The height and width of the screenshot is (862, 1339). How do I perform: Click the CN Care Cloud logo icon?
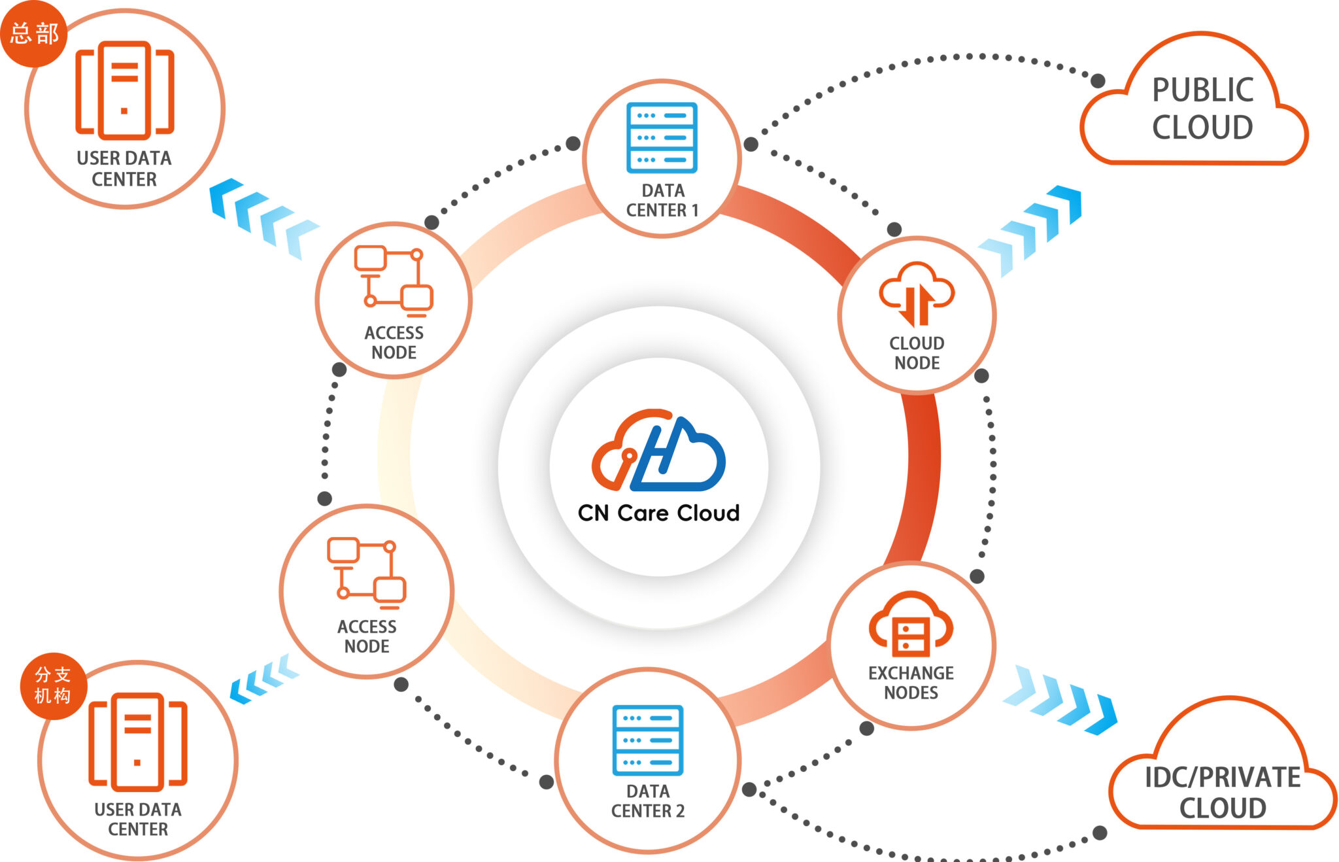coord(658,451)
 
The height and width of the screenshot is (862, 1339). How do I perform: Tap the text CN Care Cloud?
coord(658,513)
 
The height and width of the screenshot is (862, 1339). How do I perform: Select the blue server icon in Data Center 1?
coord(662,137)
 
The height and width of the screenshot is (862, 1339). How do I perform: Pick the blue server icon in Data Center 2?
coord(648,740)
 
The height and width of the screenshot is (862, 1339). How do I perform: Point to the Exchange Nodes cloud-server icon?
coord(911,624)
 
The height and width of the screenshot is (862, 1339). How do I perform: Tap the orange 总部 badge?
coord(34,33)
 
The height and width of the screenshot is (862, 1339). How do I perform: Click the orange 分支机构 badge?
coord(53,685)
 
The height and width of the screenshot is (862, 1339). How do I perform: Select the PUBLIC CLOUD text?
coord(1202,109)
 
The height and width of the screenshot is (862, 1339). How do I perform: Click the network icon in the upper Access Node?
coord(394,277)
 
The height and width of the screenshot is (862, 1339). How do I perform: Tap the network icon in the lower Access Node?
coord(366,570)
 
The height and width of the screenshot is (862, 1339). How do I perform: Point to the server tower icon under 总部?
coord(124,90)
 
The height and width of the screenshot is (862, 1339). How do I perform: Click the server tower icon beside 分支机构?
coord(138,742)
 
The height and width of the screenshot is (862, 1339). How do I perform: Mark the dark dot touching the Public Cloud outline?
coord(1098,81)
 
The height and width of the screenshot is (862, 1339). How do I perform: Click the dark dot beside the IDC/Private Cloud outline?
coord(1100,833)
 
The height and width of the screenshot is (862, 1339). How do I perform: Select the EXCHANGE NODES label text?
coord(911,683)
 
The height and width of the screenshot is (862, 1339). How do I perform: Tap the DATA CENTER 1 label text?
coord(662,200)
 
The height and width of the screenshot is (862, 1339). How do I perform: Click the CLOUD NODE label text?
coord(917,353)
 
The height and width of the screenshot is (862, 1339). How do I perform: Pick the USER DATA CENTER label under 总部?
coord(124,169)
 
